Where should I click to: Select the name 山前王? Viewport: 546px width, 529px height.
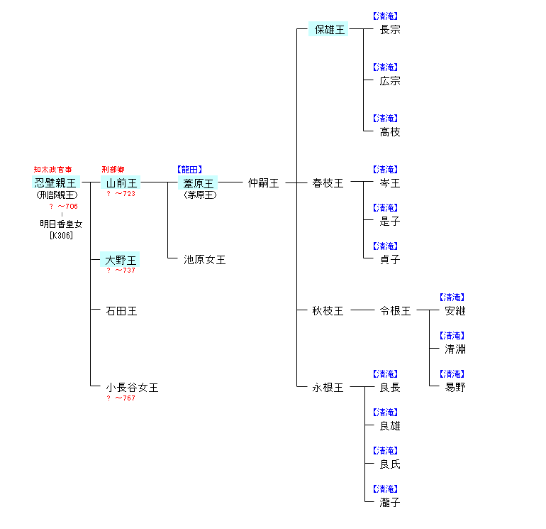[x=121, y=183]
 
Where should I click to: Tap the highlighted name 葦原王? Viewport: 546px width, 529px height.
[x=199, y=183]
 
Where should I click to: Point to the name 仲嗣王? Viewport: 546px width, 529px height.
[x=263, y=183]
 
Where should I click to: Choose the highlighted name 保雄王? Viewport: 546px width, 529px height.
[x=328, y=30]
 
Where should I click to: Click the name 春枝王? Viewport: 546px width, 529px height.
[x=328, y=183]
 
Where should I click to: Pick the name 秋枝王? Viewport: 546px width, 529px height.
[x=328, y=311]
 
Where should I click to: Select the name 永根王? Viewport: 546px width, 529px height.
[x=328, y=388]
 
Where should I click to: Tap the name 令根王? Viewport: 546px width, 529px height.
[x=395, y=311]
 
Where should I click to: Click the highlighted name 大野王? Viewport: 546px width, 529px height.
[x=121, y=260]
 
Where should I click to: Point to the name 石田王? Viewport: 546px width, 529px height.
[x=121, y=311]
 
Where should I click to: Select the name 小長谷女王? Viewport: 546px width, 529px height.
[x=132, y=388]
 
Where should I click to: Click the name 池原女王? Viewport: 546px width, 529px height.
[x=205, y=260]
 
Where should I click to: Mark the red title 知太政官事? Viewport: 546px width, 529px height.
[x=52, y=170]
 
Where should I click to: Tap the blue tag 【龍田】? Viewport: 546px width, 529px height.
[x=189, y=170]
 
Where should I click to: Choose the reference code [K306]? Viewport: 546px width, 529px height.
[x=62, y=236]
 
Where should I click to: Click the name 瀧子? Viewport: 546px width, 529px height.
[x=390, y=503]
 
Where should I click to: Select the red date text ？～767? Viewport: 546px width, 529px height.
[x=121, y=398]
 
